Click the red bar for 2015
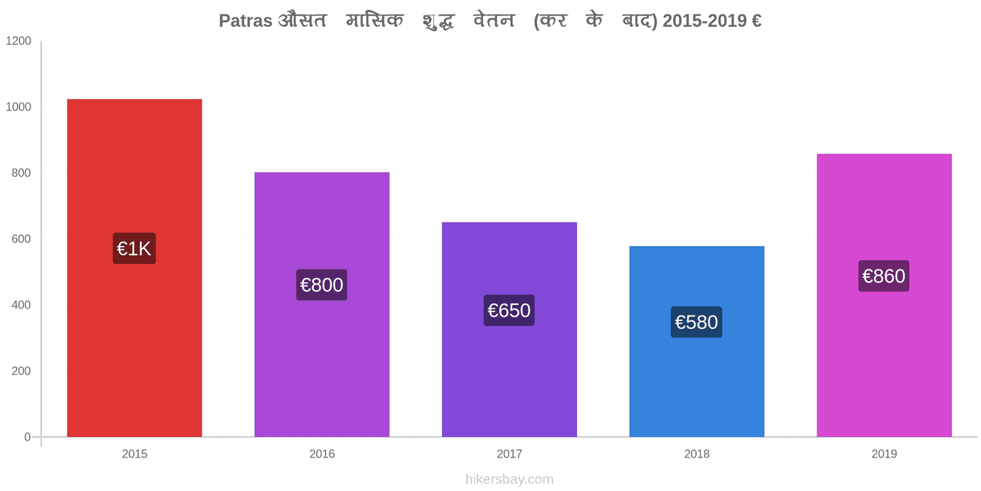pos(134,268)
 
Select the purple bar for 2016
pos(322,304)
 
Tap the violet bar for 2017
pos(510,330)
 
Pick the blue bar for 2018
pos(697,341)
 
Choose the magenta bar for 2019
pos(884,295)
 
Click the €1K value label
pos(134,248)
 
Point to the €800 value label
pos(321,285)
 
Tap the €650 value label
pos(509,311)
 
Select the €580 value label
pos(697,322)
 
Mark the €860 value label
pos(884,276)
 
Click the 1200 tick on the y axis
pos(18,41)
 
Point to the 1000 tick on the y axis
pos(18,107)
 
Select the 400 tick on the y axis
pos(21,304)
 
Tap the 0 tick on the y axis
pos(27,436)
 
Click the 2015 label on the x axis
pos(134,454)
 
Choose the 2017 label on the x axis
pos(510,454)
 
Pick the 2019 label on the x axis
pos(884,454)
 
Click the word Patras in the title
pos(245,21)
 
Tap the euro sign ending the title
pos(757,21)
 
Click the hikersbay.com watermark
pos(510,479)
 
